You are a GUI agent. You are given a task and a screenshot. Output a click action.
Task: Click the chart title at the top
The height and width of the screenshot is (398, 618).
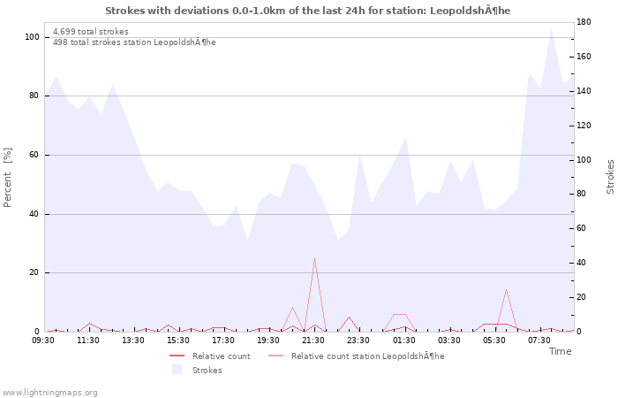point(307,11)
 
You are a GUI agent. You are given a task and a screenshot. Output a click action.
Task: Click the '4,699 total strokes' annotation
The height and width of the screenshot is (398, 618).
point(91,32)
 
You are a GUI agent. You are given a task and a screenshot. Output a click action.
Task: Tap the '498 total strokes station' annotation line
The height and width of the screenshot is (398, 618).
point(134,42)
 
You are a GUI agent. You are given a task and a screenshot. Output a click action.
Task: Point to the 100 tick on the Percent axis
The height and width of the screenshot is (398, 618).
point(32,37)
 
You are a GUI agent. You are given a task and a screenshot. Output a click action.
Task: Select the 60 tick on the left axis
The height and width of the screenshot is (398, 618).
point(34,155)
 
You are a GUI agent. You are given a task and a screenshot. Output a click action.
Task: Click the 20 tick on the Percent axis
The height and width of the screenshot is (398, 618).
point(34,272)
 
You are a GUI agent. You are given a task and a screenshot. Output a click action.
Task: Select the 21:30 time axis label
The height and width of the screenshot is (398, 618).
point(313,340)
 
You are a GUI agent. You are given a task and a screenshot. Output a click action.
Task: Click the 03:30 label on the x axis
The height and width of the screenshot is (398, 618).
point(448,340)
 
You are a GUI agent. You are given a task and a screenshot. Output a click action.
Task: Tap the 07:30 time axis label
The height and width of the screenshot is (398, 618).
point(539,340)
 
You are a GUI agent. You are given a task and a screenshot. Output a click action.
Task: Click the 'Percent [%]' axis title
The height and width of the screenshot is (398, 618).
point(8,177)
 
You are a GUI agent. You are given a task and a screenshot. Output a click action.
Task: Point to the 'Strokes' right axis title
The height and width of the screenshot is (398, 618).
point(610,177)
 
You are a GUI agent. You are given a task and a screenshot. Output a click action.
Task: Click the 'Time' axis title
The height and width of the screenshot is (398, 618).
point(560,351)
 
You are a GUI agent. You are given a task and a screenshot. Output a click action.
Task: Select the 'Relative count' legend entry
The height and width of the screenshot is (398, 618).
point(221,356)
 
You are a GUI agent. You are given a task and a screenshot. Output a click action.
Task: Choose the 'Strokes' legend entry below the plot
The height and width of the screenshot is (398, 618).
point(207,370)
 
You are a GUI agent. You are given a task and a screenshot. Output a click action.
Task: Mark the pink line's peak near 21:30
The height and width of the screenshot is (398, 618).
point(314,258)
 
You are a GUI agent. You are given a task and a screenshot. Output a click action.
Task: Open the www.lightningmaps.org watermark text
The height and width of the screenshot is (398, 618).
point(49,392)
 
